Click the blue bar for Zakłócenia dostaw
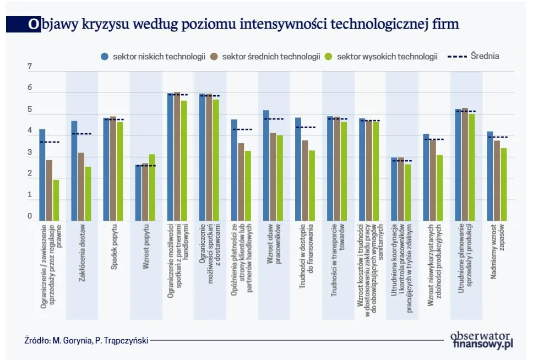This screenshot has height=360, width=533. click(x=74, y=171)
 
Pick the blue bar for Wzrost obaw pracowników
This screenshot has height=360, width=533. click(x=266, y=165)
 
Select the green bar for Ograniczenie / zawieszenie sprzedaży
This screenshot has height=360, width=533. click(x=56, y=200)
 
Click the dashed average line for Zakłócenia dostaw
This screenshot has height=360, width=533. click(x=81, y=134)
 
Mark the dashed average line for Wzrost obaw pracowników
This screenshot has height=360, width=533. click(x=274, y=119)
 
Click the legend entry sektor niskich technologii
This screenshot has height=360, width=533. click(x=153, y=56)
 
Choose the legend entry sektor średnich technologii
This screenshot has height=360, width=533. click(x=266, y=56)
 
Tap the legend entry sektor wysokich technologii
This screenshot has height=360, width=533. click(x=382, y=56)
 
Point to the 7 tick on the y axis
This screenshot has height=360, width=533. click(x=30, y=67)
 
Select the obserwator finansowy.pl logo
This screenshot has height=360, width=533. click(x=482, y=340)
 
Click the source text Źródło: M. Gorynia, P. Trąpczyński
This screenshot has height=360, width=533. click(x=86, y=340)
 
